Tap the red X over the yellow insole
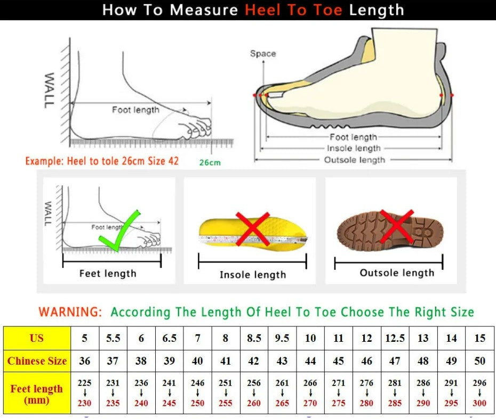point(252,229)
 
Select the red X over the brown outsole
point(397,226)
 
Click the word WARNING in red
point(70,312)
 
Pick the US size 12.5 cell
point(395,338)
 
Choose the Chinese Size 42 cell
point(254,361)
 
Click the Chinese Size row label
point(37,361)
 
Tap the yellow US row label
point(37,338)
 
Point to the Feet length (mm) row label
point(37,394)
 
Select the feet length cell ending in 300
point(479,393)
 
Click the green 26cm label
point(210,162)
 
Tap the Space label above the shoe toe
point(263,53)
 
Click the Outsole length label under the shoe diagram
point(355,160)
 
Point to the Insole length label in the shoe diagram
point(354,149)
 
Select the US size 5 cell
point(85,338)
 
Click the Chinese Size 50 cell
point(479,361)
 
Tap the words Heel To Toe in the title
point(293,10)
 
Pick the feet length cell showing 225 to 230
point(85,393)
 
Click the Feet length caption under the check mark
point(108,274)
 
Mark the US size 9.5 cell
point(282,338)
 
